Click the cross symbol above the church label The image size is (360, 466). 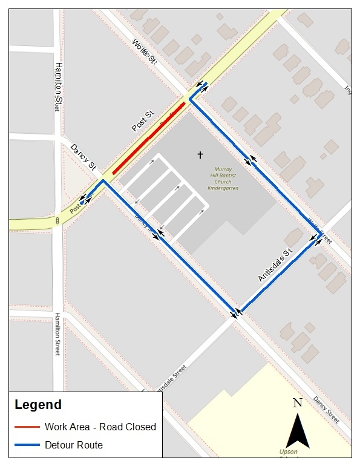[200, 156]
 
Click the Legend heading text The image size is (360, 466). [38, 405]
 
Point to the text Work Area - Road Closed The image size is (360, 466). [100, 427]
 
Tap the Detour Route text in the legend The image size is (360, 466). [73, 445]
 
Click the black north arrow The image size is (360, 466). [297, 430]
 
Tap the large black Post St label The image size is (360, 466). [143, 121]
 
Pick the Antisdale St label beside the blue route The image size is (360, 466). [275, 264]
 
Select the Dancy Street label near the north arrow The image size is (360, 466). [326, 410]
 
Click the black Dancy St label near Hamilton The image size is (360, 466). [83, 157]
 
